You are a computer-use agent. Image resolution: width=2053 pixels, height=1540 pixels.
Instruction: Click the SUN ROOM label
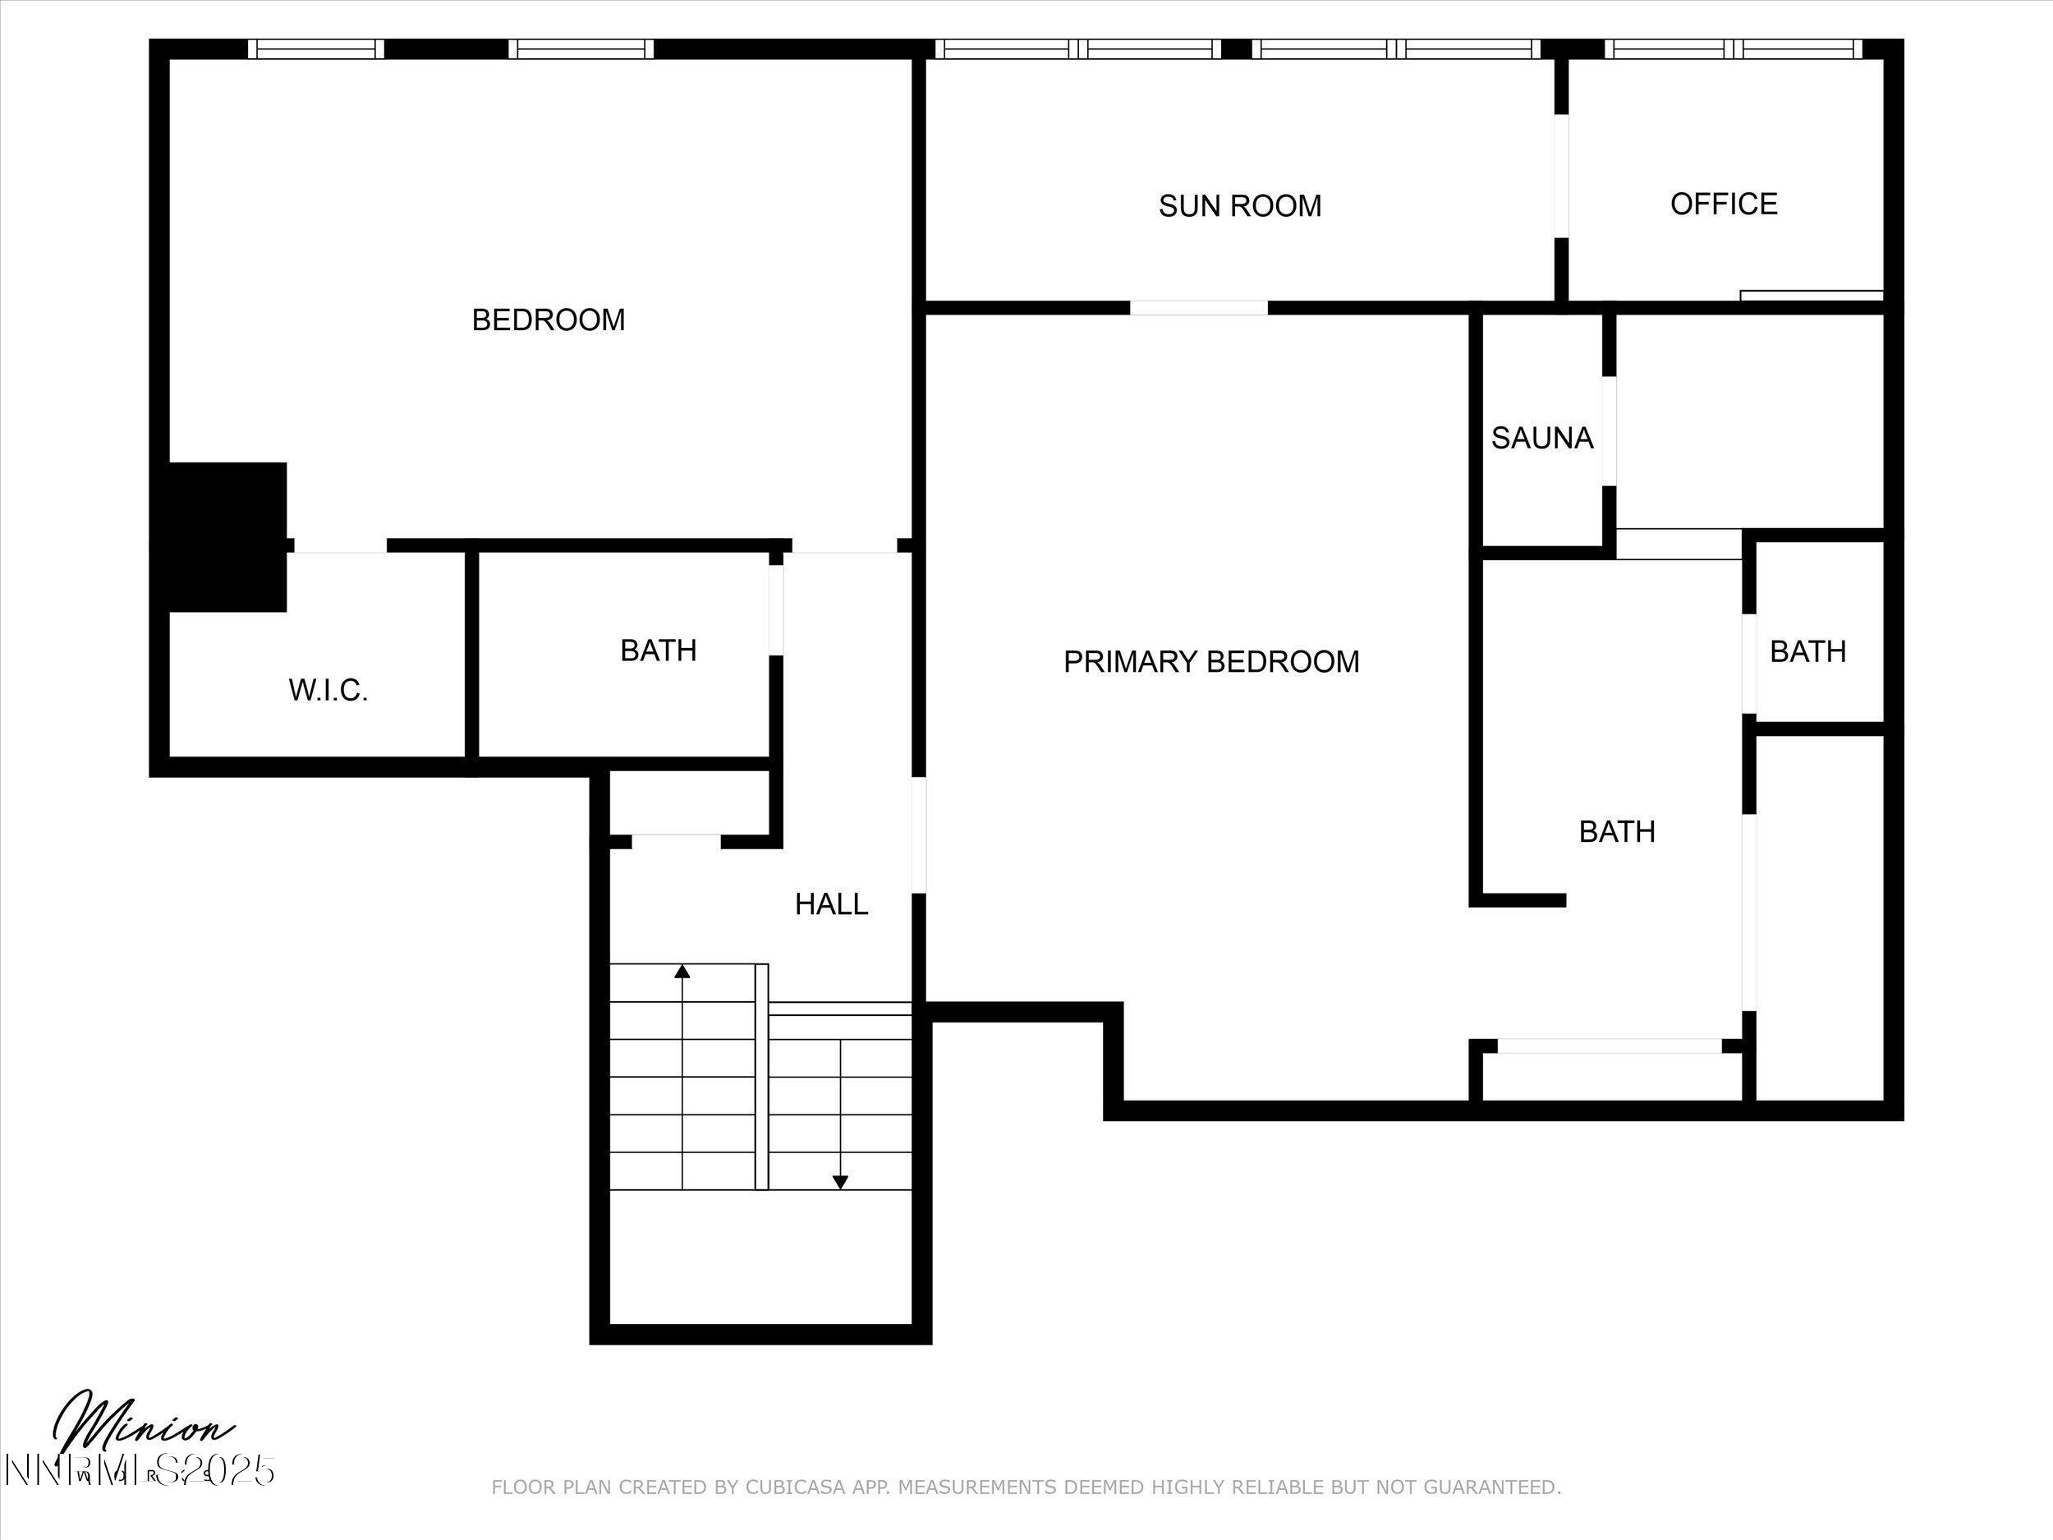pyautogui.click(x=1239, y=205)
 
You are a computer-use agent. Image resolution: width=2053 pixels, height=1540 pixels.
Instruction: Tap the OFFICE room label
pyautogui.click(x=1724, y=204)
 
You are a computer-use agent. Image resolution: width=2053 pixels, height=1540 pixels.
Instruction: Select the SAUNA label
pyautogui.click(x=1541, y=437)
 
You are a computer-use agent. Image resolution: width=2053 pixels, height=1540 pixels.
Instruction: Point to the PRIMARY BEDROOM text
pyautogui.click(x=1210, y=661)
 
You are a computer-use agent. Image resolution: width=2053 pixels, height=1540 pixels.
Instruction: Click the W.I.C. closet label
pyautogui.click(x=328, y=690)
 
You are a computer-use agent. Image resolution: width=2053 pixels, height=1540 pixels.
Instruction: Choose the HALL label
pyautogui.click(x=831, y=903)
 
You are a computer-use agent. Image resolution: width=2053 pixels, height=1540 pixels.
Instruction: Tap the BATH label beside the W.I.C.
pyautogui.click(x=658, y=650)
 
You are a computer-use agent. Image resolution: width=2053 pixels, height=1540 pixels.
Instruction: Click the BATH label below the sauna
pyautogui.click(x=1617, y=831)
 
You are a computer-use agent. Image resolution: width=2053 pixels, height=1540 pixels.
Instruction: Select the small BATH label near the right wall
pyautogui.click(x=1807, y=650)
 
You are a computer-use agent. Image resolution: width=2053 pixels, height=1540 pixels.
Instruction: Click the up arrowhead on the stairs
pyautogui.click(x=682, y=971)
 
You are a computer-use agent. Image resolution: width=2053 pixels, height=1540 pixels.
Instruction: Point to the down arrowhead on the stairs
pyautogui.click(x=840, y=1183)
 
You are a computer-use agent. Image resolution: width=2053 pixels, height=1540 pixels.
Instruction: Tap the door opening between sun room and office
pyautogui.click(x=1561, y=176)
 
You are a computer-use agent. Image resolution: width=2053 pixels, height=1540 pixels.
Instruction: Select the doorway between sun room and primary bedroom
pyautogui.click(x=1198, y=307)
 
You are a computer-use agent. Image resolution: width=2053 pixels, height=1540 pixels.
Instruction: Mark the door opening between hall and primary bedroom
pyautogui.click(x=919, y=834)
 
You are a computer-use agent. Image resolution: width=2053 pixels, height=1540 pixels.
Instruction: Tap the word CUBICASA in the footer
pyautogui.click(x=796, y=1487)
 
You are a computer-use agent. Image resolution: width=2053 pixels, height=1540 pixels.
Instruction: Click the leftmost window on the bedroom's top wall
pyautogui.click(x=315, y=48)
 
